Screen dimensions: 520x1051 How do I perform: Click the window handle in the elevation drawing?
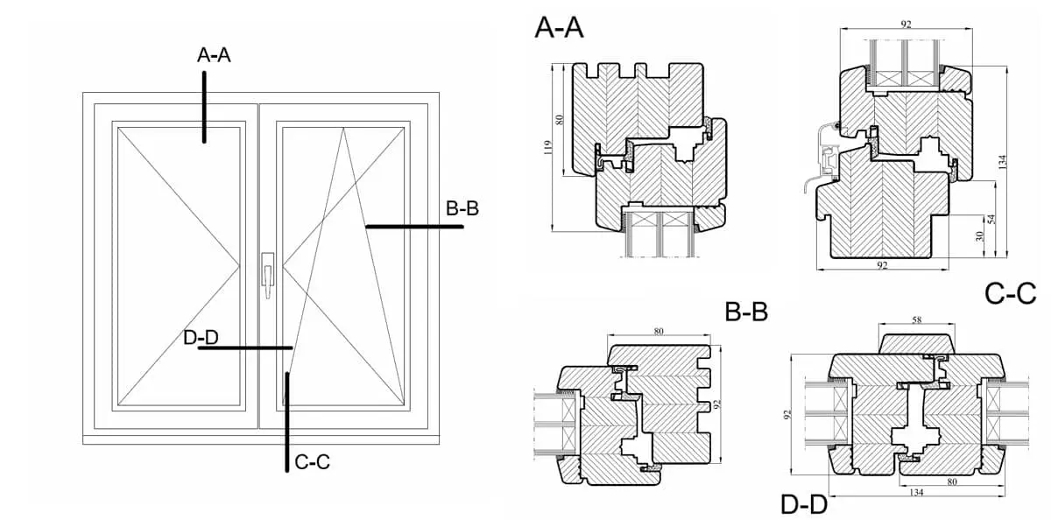[x=267, y=271]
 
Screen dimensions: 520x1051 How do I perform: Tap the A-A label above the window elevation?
[x=214, y=55]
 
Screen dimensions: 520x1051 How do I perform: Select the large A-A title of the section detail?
[x=559, y=28]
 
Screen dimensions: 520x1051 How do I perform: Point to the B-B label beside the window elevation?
[x=462, y=208]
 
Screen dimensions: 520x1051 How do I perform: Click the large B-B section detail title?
[x=746, y=311]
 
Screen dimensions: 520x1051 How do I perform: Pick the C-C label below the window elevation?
[x=312, y=462]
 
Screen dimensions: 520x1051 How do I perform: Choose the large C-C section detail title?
[x=1010, y=293]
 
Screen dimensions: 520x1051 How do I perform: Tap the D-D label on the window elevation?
[x=201, y=338]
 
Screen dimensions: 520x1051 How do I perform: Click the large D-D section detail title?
[x=803, y=504]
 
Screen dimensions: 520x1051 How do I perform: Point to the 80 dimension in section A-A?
[x=561, y=120]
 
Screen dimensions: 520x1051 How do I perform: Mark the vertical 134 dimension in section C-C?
[x=1003, y=161]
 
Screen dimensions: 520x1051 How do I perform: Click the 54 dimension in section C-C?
[x=991, y=219]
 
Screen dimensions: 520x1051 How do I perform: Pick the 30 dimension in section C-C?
[x=980, y=236]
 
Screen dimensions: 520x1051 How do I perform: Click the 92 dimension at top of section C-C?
[x=906, y=25]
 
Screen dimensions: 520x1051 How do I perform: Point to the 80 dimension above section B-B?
[x=659, y=330]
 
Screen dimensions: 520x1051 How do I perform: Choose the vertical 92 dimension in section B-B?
[x=716, y=404]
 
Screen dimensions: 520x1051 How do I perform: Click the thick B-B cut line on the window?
[x=413, y=227]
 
